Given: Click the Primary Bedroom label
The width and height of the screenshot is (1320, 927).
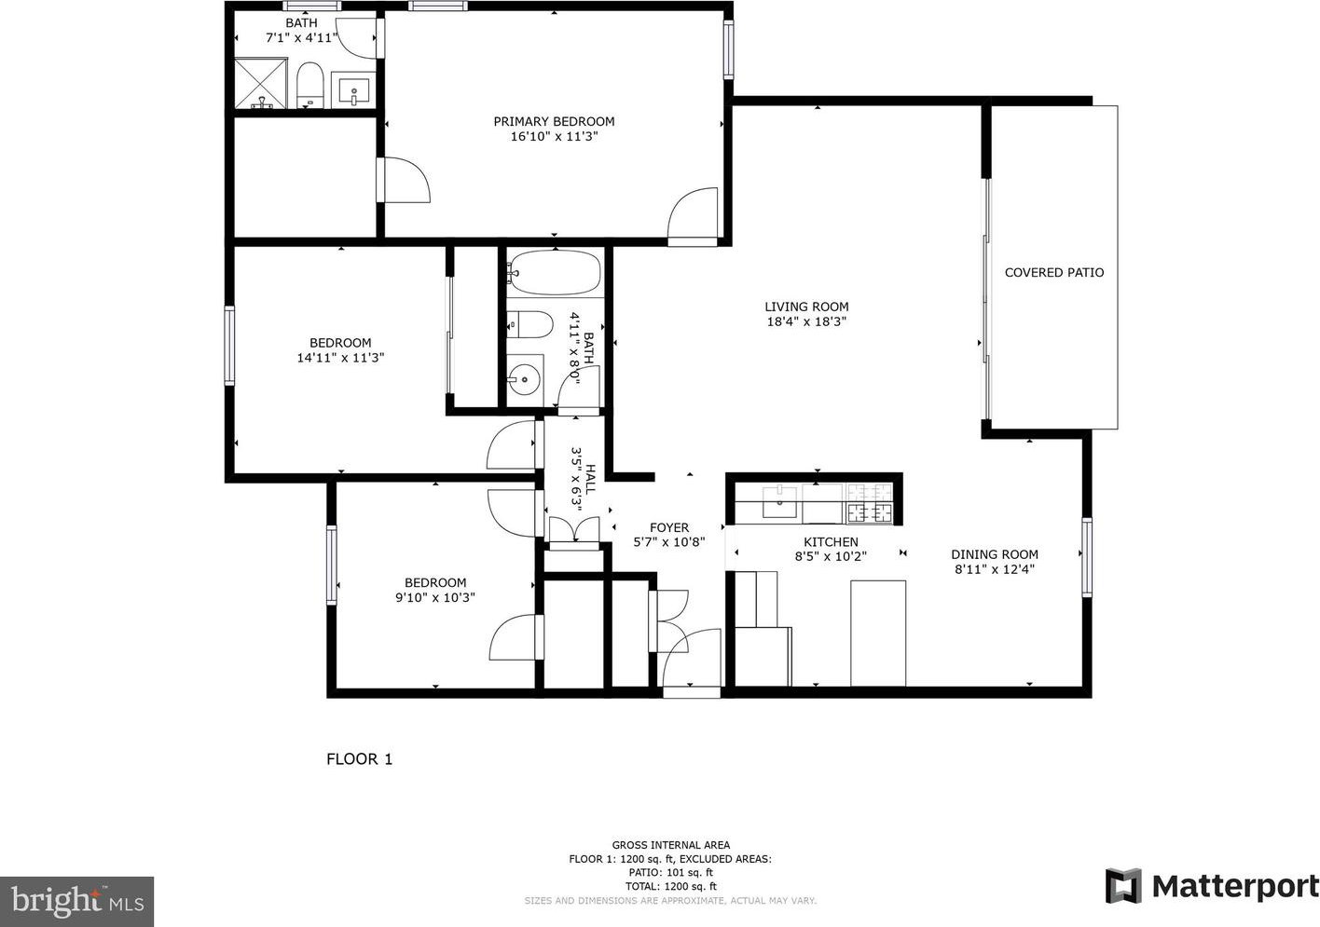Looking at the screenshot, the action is coord(554,121).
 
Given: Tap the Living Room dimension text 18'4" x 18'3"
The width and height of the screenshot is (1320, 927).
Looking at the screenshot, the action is coord(806,321).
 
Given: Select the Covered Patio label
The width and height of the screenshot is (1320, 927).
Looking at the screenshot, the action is coord(1054,273).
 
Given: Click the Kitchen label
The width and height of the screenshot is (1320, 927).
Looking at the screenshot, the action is coord(831,542).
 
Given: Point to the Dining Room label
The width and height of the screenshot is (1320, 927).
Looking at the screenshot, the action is coord(995,554).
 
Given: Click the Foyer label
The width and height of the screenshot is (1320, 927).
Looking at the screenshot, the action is coord(669,527).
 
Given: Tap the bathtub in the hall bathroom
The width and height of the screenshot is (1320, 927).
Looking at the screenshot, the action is coord(555,273).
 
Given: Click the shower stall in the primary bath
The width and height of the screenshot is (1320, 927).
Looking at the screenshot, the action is coord(261,83).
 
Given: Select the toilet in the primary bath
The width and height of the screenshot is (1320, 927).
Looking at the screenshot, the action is coord(310,86).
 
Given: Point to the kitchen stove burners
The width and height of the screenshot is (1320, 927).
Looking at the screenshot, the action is coord(870,503).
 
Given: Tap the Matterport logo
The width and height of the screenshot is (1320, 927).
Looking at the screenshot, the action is coord(1212,885).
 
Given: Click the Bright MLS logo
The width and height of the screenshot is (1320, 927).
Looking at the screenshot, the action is coord(76,901).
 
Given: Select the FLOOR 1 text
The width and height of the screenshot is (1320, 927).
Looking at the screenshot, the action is coord(360,759).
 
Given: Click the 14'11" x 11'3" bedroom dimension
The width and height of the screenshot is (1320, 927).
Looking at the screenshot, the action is coord(340,358).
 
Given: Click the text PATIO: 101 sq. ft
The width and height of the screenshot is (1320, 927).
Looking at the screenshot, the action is coord(670,872).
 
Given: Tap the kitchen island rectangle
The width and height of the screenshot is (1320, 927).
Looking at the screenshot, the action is coord(878,634).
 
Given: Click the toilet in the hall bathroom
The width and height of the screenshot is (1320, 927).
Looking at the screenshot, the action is coord(530,324).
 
